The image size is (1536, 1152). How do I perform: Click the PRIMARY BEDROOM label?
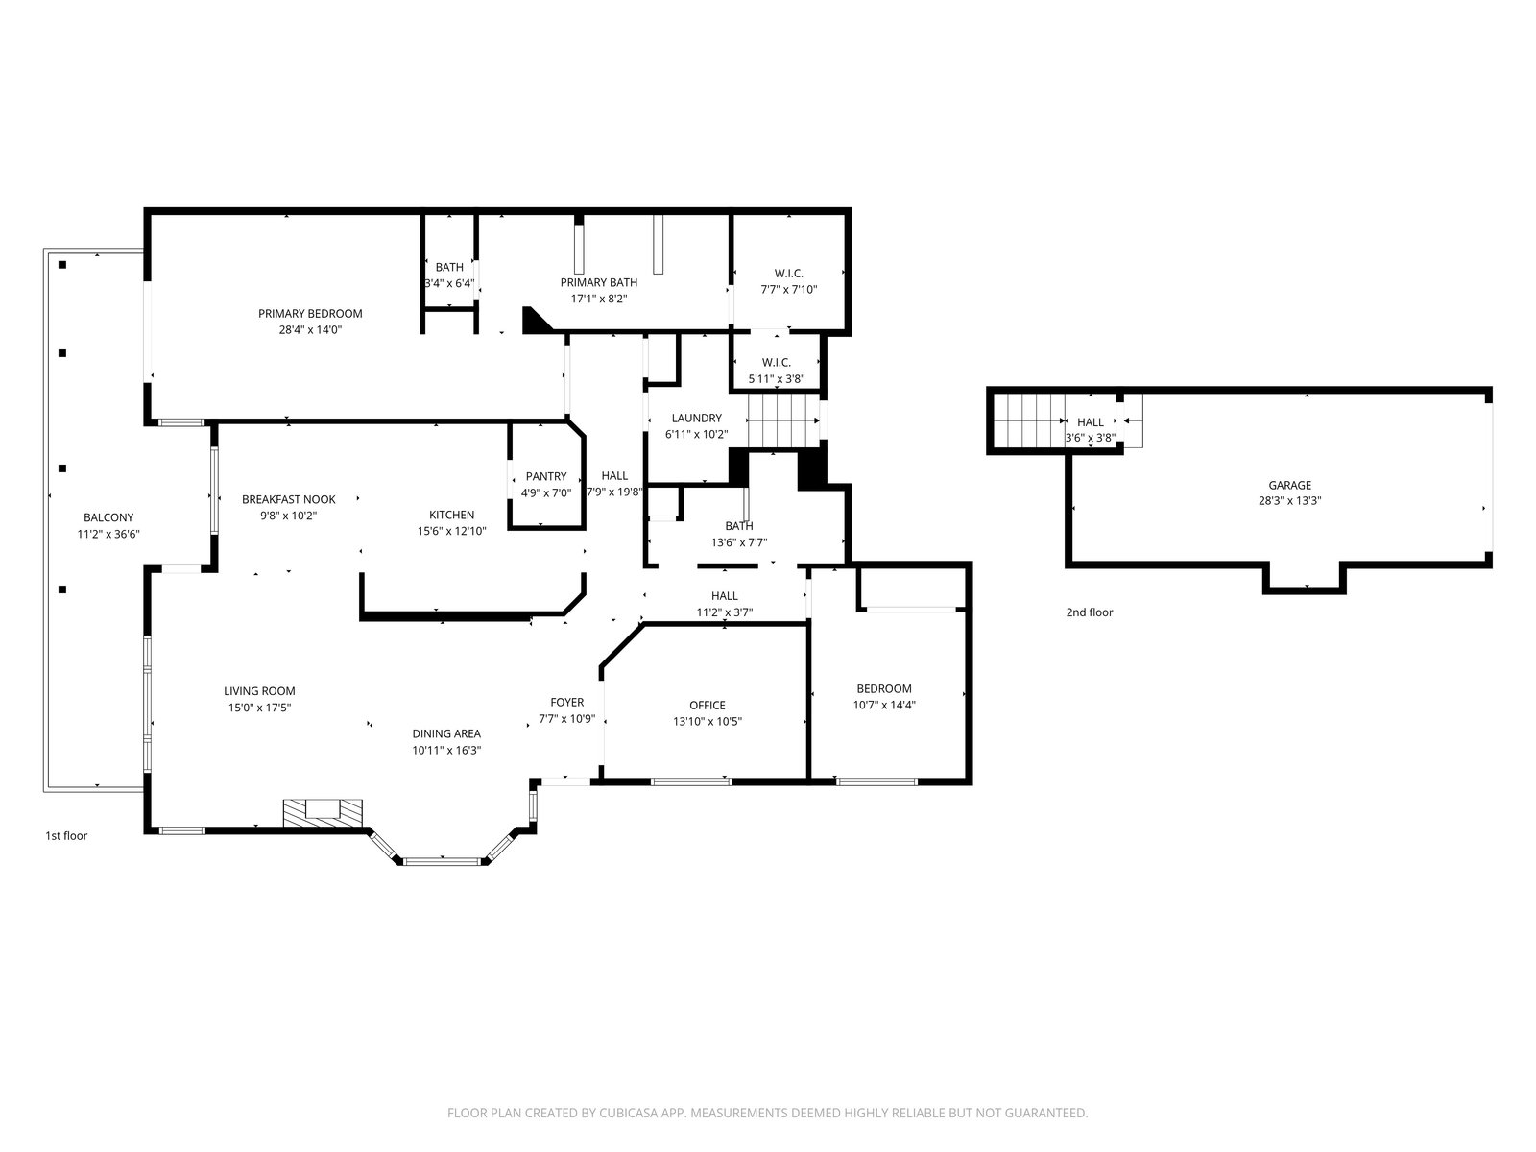pyautogui.click(x=310, y=313)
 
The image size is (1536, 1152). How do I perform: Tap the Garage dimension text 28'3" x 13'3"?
pyautogui.click(x=1289, y=501)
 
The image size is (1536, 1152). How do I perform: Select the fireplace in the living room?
pyautogui.click(x=323, y=814)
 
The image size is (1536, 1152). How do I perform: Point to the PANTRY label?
pyautogui.click(x=546, y=476)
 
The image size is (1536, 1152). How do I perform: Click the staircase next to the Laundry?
pyautogui.click(x=783, y=420)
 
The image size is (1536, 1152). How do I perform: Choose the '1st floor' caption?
pyautogui.click(x=66, y=836)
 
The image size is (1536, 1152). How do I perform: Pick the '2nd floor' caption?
pyautogui.click(x=1089, y=612)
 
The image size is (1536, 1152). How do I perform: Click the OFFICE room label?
pyautogui.click(x=707, y=705)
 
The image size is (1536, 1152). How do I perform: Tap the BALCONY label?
pyautogui.click(x=108, y=517)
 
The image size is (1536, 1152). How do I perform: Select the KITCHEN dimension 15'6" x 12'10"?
pyautogui.click(x=451, y=531)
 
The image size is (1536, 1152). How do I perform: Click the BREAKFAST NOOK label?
pyautogui.click(x=288, y=499)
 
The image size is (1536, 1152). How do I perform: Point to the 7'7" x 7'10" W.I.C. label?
pyautogui.click(x=789, y=290)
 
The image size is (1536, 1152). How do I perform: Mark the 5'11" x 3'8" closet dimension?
pyautogui.click(x=776, y=379)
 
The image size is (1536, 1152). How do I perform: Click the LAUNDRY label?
pyautogui.click(x=696, y=419)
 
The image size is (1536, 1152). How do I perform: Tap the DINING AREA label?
pyautogui.click(x=446, y=733)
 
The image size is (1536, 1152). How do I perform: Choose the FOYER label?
pyautogui.click(x=566, y=703)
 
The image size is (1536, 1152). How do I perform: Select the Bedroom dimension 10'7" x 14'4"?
pyautogui.click(x=884, y=705)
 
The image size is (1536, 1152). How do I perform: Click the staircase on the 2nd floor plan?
pyautogui.click(x=1029, y=420)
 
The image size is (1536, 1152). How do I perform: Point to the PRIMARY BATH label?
pyautogui.click(x=598, y=282)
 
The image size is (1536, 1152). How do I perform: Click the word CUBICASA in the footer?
pyautogui.click(x=629, y=1113)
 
